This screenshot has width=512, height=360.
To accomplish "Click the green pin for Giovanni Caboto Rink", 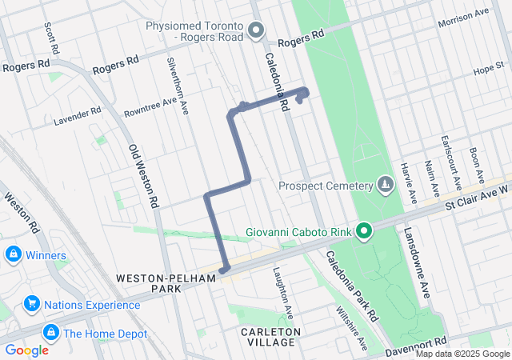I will tap(364, 233).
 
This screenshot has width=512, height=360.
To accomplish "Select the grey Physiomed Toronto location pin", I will tap(256, 31).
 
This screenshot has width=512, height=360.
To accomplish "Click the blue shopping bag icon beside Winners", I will tap(13, 255).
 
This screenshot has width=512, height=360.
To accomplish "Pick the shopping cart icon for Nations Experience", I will tap(32, 304).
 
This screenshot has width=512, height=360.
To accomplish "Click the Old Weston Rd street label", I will tap(141, 177).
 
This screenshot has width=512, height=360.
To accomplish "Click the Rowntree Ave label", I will tap(149, 106).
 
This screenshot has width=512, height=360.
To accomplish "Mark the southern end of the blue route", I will tap(224, 270).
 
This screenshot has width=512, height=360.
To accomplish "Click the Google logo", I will tap(26, 350).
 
